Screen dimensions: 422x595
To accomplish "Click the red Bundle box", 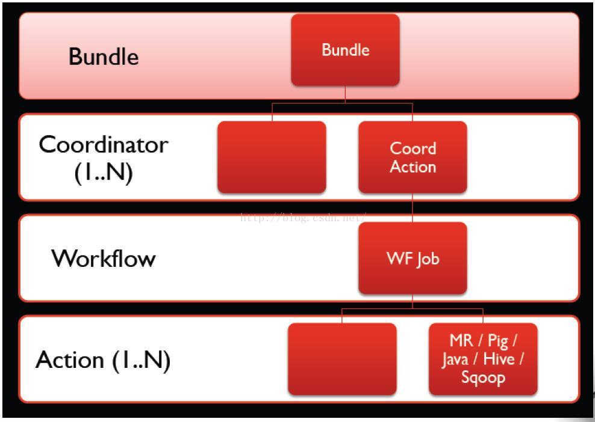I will click(x=345, y=50).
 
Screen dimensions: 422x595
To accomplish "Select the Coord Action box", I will click(x=413, y=157).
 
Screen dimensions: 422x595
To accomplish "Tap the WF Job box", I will click(x=413, y=258).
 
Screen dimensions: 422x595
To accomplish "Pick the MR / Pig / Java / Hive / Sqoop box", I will click(x=482, y=359).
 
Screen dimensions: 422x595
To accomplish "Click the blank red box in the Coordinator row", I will click(x=272, y=157).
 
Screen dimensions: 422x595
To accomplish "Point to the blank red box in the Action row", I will click(x=342, y=359).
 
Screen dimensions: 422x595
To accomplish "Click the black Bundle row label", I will click(x=104, y=57).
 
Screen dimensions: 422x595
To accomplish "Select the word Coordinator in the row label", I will click(x=104, y=145).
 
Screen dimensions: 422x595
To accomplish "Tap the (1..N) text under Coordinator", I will click(x=104, y=173).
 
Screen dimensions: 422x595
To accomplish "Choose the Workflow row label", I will click(x=104, y=258).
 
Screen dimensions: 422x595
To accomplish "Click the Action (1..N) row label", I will click(x=103, y=360).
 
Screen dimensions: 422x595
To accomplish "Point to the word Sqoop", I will click(x=483, y=378).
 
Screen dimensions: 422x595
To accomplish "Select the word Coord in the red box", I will click(x=413, y=148).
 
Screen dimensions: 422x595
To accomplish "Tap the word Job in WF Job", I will click(x=427, y=259).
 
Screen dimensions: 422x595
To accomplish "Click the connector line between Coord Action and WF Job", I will click(x=413, y=207).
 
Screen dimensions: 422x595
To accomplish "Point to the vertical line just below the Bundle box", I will click(x=345, y=94).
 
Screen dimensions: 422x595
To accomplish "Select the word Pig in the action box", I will click(x=499, y=341).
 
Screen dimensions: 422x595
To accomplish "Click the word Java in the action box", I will click(x=455, y=359).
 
